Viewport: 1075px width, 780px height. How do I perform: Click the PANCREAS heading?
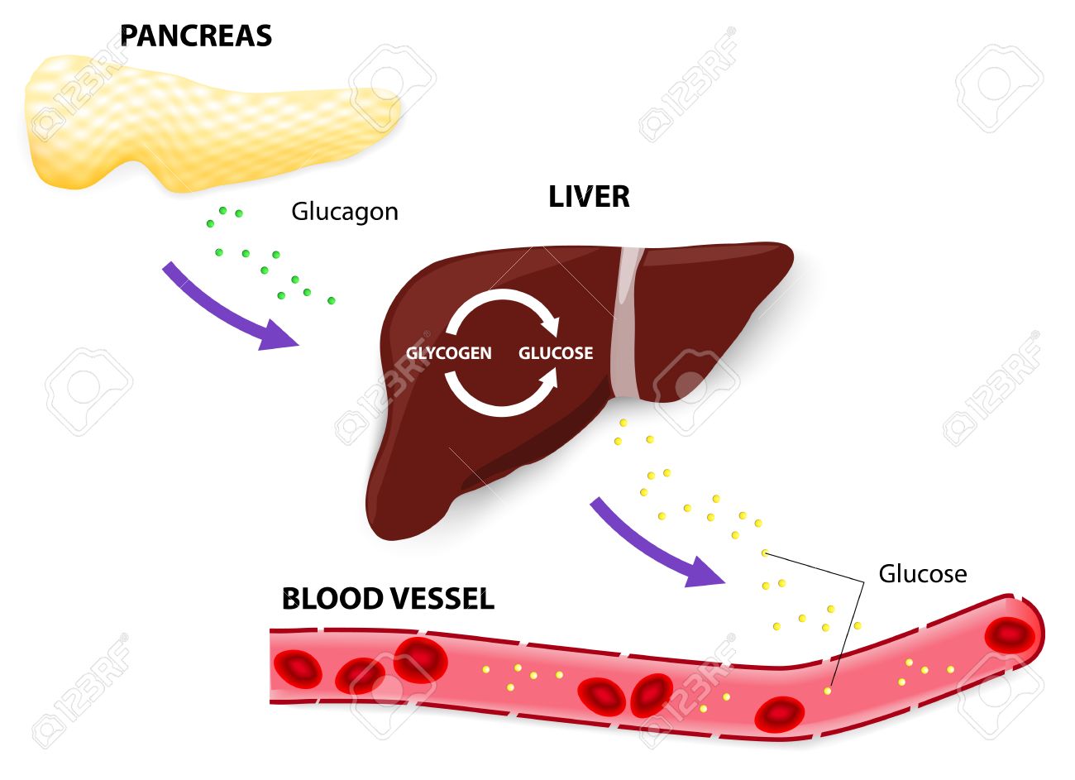pos(196,36)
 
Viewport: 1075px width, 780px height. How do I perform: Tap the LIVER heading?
pos(589,197)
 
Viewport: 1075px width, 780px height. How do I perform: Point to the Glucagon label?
pos(344,212)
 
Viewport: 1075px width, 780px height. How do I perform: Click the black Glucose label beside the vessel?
pos(922,573)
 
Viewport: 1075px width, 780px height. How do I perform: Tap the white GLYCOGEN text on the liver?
pos(448,353)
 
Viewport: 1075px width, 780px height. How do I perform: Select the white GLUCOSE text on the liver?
pos(556,353)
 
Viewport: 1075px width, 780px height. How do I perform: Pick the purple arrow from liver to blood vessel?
pos(653,547)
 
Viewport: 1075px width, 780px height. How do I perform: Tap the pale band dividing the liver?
pos(626,323)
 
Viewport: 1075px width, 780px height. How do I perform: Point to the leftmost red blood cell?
pos(298,668)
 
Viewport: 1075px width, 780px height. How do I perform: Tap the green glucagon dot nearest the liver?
pos(332,300)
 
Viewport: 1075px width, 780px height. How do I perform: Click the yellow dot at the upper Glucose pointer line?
pos(764,553)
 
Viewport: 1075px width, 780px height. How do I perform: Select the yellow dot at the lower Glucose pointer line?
pos(828,690)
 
